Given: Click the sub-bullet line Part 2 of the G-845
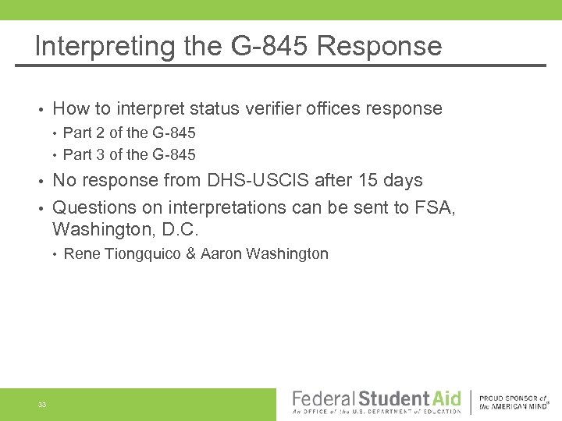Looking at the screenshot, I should [x=129, y=133].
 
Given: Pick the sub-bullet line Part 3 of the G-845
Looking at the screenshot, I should [x=129, y=154].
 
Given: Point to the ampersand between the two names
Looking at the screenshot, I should [x=190, y=254].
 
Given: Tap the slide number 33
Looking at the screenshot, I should [x=42, y=404].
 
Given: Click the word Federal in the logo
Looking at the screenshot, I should [x=323, y=398].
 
